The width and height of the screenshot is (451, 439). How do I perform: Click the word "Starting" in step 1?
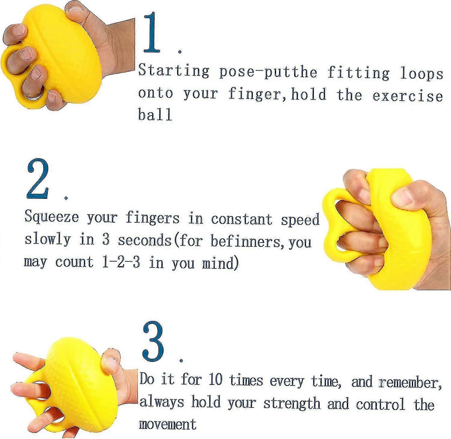(173, 71)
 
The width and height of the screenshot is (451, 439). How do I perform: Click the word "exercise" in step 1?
(407, 96)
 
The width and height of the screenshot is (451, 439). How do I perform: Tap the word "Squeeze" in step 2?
(51, 217)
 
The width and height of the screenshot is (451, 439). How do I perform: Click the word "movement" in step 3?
(167, 424)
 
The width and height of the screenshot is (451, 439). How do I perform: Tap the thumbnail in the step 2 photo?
(403, 197)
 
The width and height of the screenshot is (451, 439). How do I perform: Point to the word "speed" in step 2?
(300, 219)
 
